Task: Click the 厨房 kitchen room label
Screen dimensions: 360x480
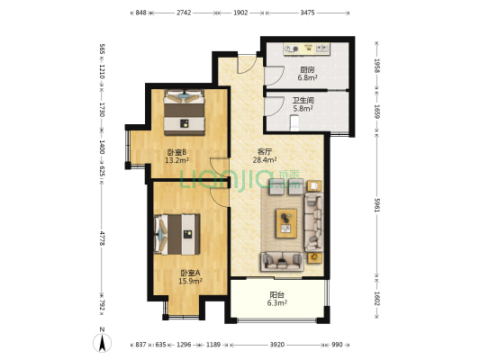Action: [x=307, y=69]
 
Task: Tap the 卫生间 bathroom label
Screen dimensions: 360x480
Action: [x=303, y=100]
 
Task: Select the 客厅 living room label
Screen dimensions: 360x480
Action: [x=266, y=152]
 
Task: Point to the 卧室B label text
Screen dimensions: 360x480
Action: [x=177, y=152]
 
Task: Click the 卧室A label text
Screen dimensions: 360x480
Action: [x=189, y=273]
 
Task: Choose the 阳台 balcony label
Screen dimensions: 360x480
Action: [x=277, y=294]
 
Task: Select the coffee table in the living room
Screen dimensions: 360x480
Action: [x=287, y=219]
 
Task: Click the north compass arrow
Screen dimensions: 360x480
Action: [x=104, y=340]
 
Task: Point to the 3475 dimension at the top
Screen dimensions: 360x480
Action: [x=307, y=13]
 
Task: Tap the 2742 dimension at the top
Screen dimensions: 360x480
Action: [x=184, y=13]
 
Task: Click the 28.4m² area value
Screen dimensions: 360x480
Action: [x=266, y=162]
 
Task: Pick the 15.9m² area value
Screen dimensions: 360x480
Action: [x=189, y=282]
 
